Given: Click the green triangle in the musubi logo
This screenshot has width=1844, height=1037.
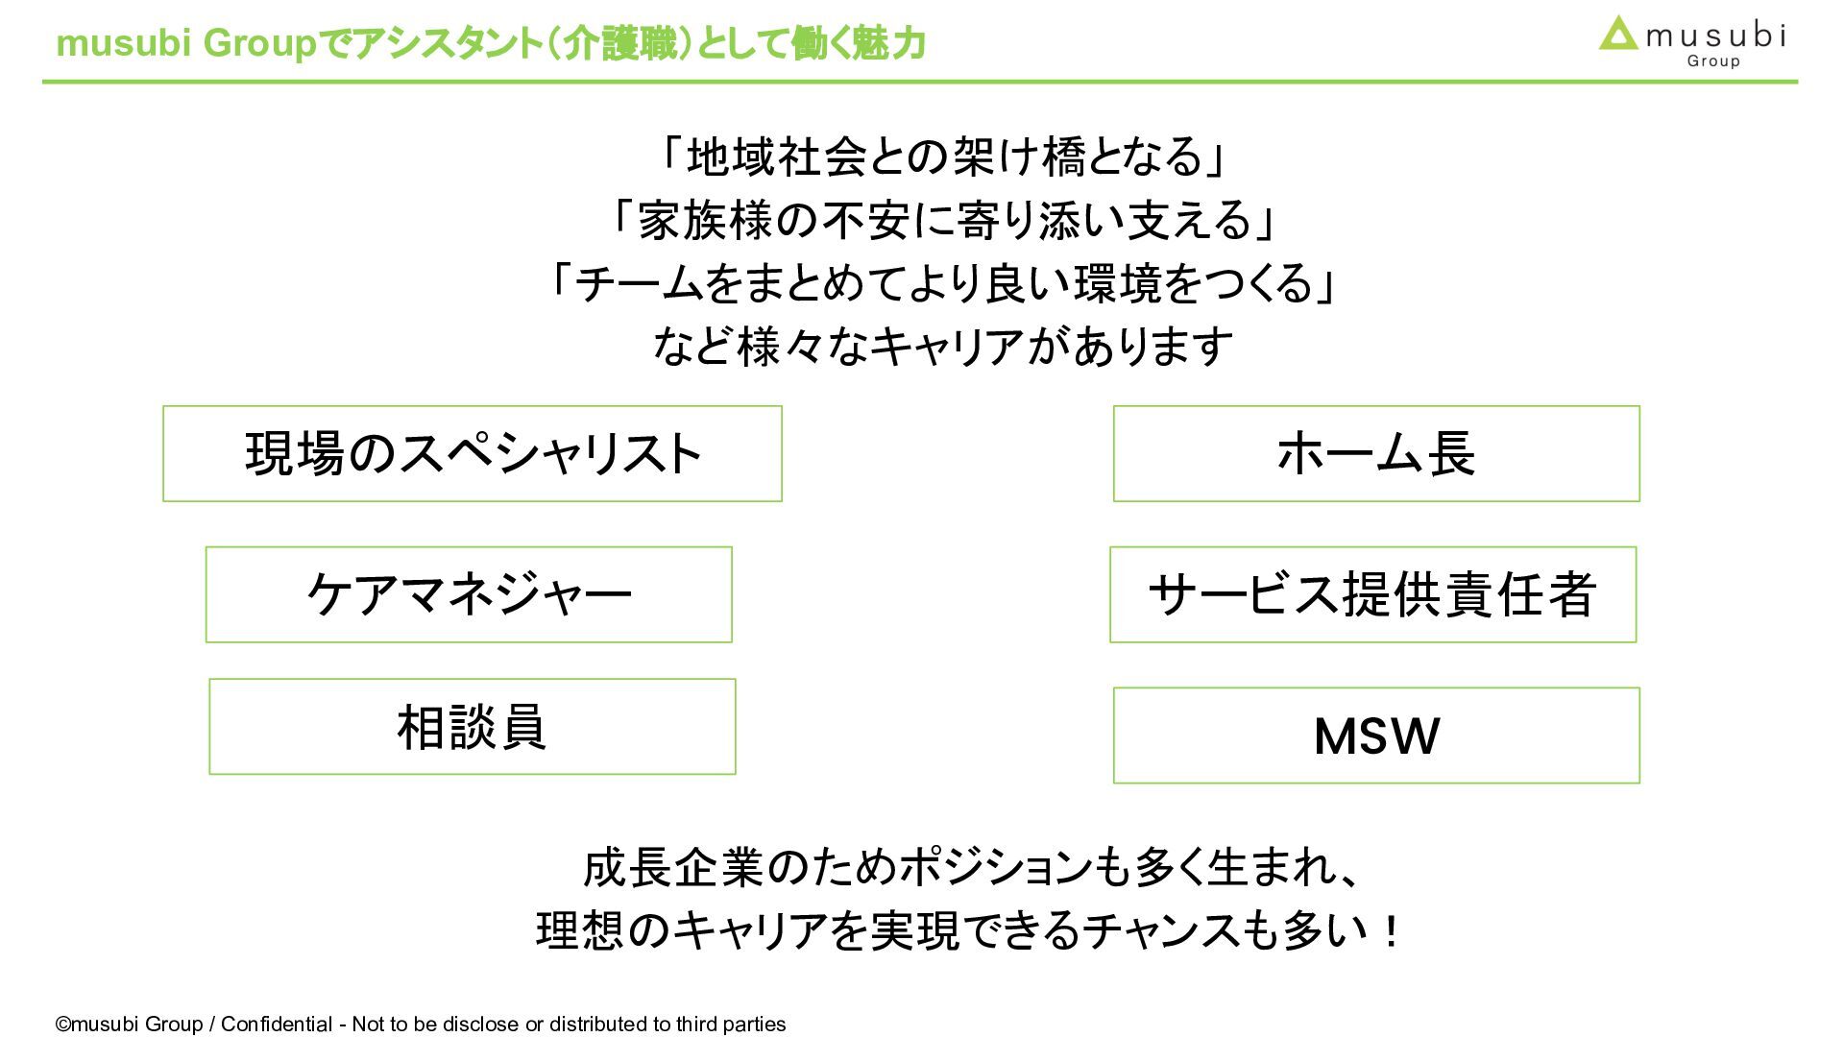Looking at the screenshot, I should (x=1618, y=35).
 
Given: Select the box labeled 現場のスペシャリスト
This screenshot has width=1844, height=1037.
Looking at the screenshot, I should (x=472, y=454).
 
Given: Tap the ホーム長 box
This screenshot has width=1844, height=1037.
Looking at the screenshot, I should (x=1375, y=454).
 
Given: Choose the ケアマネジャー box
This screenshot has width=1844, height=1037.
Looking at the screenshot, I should (x=469, y=594).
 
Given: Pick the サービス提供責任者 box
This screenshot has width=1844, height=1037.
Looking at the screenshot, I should (x=1372, y=594).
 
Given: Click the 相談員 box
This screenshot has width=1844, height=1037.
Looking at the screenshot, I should (x=472, y=727).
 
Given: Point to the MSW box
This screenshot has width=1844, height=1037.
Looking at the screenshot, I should (x=1375, y=736).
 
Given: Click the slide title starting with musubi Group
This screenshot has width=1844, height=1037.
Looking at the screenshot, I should (x=490, y=43).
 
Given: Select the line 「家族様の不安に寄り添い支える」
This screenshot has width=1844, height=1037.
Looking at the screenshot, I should (x=941, y=220).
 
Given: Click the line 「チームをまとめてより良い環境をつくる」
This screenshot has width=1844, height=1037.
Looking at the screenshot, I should (x=941, y=283).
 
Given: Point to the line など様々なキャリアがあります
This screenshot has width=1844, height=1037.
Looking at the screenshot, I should (x=941, y=347).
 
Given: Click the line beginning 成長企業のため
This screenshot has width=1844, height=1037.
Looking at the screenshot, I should (x=970, y=868).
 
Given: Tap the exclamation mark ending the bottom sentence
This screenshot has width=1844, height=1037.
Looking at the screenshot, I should (x=1390, y=930).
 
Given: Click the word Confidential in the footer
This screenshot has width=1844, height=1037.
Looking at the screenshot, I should (x=277, y=1025).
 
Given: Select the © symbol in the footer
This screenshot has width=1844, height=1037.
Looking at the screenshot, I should (x=63, y=1025).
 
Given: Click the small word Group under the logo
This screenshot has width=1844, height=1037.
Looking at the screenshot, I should (x=1713, y=61).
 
